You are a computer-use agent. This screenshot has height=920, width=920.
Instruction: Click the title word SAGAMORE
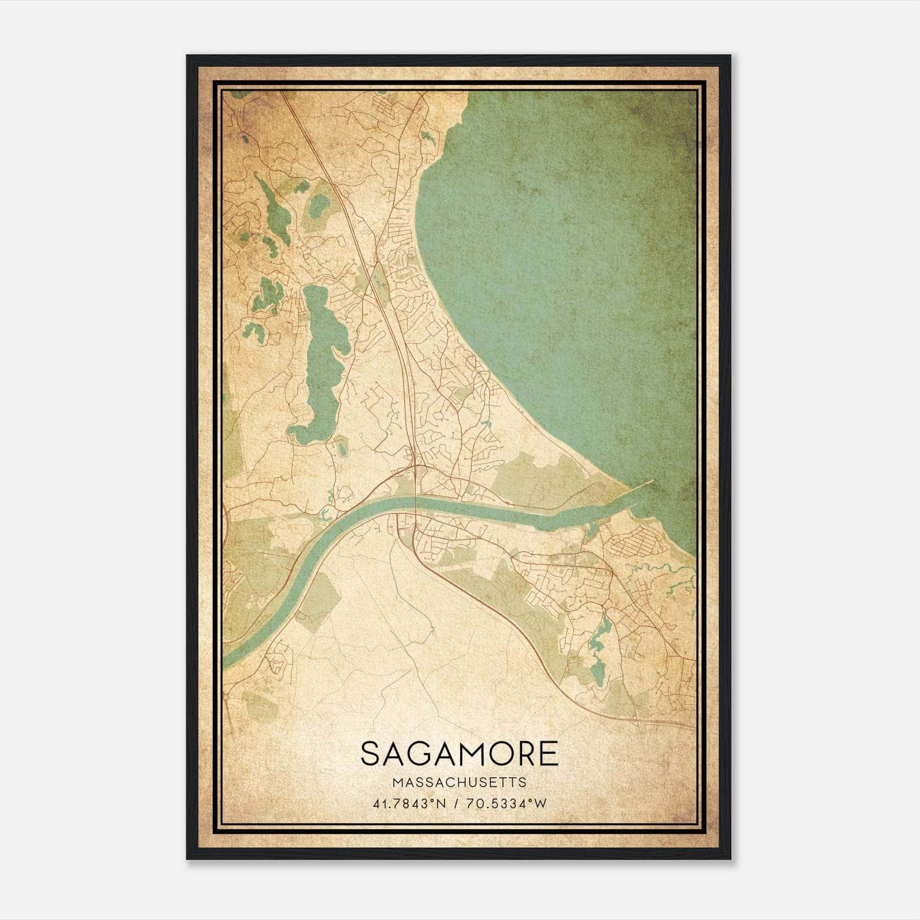(459, 754)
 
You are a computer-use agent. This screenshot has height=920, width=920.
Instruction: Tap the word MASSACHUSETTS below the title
(459, 782)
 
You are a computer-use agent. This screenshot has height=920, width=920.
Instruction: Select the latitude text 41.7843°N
(409, 804)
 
